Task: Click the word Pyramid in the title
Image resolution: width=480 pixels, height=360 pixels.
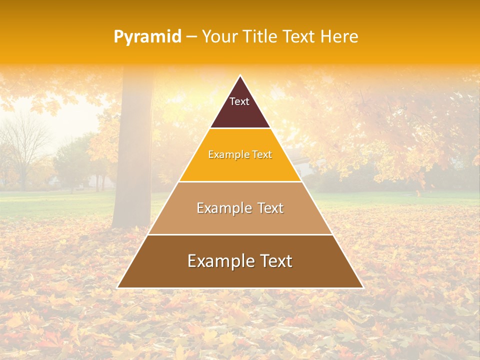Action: (x=147, y=37)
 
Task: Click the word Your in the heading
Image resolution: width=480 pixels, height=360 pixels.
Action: (x=219, y=36)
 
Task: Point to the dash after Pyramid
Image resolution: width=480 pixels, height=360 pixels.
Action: (x=191, y=37)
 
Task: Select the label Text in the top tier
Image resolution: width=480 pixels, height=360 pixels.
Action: (x=239, y=101)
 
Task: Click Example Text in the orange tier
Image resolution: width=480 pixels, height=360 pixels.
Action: (x=240, y=154)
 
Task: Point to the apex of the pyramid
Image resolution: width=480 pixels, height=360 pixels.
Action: (x=240, y=76)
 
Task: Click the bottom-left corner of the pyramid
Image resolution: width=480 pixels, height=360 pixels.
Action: (x=118, y=287)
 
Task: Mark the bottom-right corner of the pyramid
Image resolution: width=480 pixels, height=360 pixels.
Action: (x=362, y=287)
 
